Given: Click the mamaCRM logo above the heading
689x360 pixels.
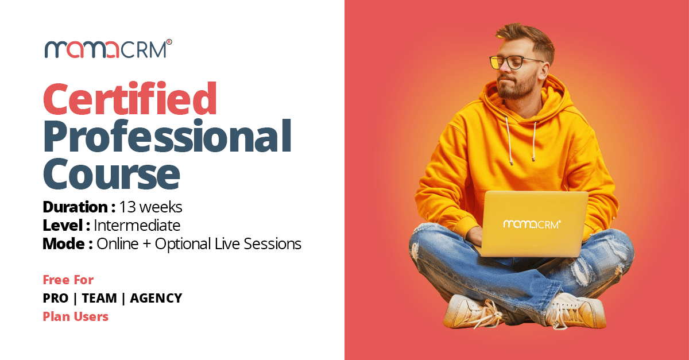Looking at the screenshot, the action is (109, 49).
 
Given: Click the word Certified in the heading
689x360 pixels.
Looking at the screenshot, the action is (130, 98).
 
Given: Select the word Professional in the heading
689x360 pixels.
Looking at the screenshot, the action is (167, 136).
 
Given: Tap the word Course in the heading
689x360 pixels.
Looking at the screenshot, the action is (111, 173).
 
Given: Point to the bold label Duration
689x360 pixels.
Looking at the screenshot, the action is (75, 207).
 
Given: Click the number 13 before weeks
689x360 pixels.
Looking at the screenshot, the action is (127, 207).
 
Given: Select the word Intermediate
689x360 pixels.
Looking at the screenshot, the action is (137, 225).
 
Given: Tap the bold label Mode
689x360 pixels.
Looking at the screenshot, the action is (64, 243).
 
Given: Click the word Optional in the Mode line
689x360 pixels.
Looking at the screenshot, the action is (183, 244).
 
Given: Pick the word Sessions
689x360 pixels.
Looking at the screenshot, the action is (272, 243).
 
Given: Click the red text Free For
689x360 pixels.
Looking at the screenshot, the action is (68, 280).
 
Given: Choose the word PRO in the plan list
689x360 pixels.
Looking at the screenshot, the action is (55, 298).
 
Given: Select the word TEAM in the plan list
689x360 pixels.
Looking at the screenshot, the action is (99, 298).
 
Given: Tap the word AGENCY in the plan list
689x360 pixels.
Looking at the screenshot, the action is (156, 298).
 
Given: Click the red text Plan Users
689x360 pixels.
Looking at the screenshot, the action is (75, 316).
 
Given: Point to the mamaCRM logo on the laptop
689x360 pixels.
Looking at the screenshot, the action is (532, 224).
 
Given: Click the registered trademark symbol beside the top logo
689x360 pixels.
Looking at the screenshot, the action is (169, 42).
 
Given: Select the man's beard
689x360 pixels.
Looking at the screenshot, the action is (517, 86).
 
